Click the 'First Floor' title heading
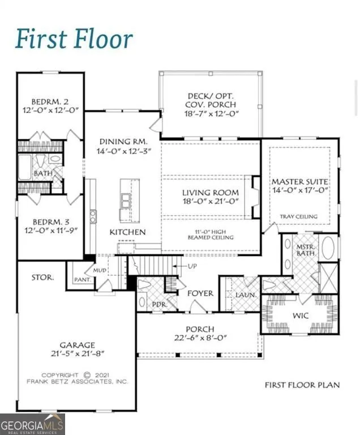pyautogui.click(x=74, y=40)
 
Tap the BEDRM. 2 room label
pyautogui.click(x=50, y=101)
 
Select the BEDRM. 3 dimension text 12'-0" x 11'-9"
pyautogui.click(x=51, y=231)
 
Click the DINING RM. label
pyautogui.click(x=123, y=142)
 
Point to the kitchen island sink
pyautogui.click(x=125, y=201)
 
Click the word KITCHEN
pyautogui.click(x=127, y=232)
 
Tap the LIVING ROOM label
pyautogui.click(x=211, y=193)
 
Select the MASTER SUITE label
pyautogui.click(x=300, y=182)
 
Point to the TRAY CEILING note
pyautogui.click(x=299, y=216)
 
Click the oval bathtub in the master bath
pyautogui.click(x=328, y=248)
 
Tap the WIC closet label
pyautogui.click(x=301, y=315)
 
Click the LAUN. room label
pyautogui.click(x=246, y=295)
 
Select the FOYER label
pyautogui.click(x=200, y=293)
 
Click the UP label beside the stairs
pyautogui.click(x=192, y=266)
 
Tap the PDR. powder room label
pyautogui.click(x=160, y=305)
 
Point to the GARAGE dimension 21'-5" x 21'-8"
pyautogui.click(x=78, y=353)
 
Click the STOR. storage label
pyautogui.click(x=42, y=278)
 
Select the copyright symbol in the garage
pyautogui.click(x=87, y=375)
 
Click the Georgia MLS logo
pyautogui.click(x=32, y=424)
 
